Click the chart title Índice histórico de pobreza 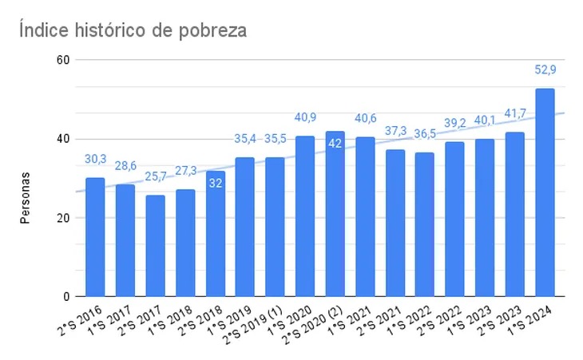[x=133, y=31]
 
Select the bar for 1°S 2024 [x=545, y=192]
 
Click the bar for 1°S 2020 [x=305, y=216]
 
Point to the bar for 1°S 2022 [x=425, y=224]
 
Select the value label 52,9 [x=545, y=70]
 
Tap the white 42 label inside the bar [x=335, y=144]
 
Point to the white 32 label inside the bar [x=215, y=183]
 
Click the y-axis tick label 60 [x=64, y=60]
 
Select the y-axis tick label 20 [x=64, y=218]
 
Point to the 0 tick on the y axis [x=67, y=297]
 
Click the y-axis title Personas [x=26, y=196]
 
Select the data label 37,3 [x=395, y=131]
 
